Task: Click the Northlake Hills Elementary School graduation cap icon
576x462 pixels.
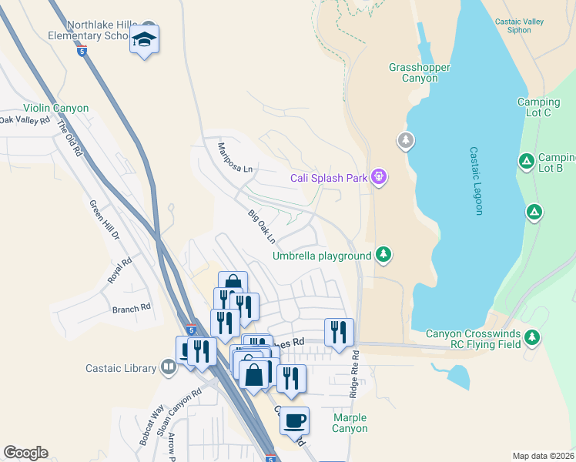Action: (144, 38)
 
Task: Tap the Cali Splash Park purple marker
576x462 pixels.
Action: (378, 178)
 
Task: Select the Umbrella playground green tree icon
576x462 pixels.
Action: (383, 255)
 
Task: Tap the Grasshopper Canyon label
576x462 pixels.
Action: (419, 72)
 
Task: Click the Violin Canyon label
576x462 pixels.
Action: (55, 109)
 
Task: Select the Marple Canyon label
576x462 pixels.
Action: (350, 423)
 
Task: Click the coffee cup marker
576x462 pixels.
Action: (294, 420)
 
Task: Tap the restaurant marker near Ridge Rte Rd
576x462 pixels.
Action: (339, 332)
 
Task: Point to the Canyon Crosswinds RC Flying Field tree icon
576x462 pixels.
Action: (531, 336)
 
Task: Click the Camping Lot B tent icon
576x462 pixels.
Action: (526, 161)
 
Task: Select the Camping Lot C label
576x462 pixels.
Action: (538, 108)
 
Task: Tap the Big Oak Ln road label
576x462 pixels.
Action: (261, 226)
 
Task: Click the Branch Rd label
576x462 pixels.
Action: (131, 308)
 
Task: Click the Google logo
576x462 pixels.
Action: (25, 453)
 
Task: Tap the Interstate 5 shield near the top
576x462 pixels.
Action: (82, 52)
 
